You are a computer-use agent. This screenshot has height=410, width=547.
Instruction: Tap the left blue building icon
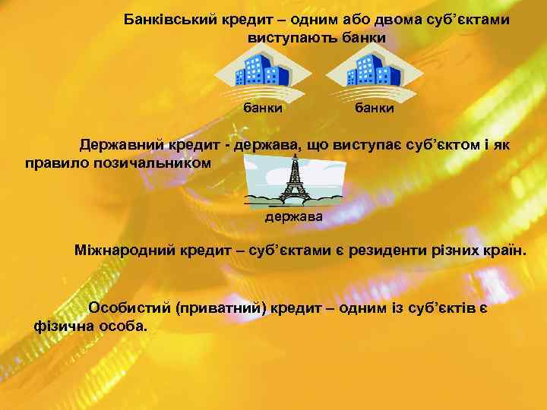[x=262, y=73]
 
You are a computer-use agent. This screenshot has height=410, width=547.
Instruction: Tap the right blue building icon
[x=373, y=73]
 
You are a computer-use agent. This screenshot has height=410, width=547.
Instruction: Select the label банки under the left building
[x=263, y=109]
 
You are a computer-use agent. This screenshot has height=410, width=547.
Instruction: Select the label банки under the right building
[x=374, y=109]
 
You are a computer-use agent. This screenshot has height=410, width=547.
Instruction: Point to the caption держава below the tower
[x=293, y=217]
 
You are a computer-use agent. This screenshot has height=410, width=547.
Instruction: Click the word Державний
[x=119, y=145]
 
